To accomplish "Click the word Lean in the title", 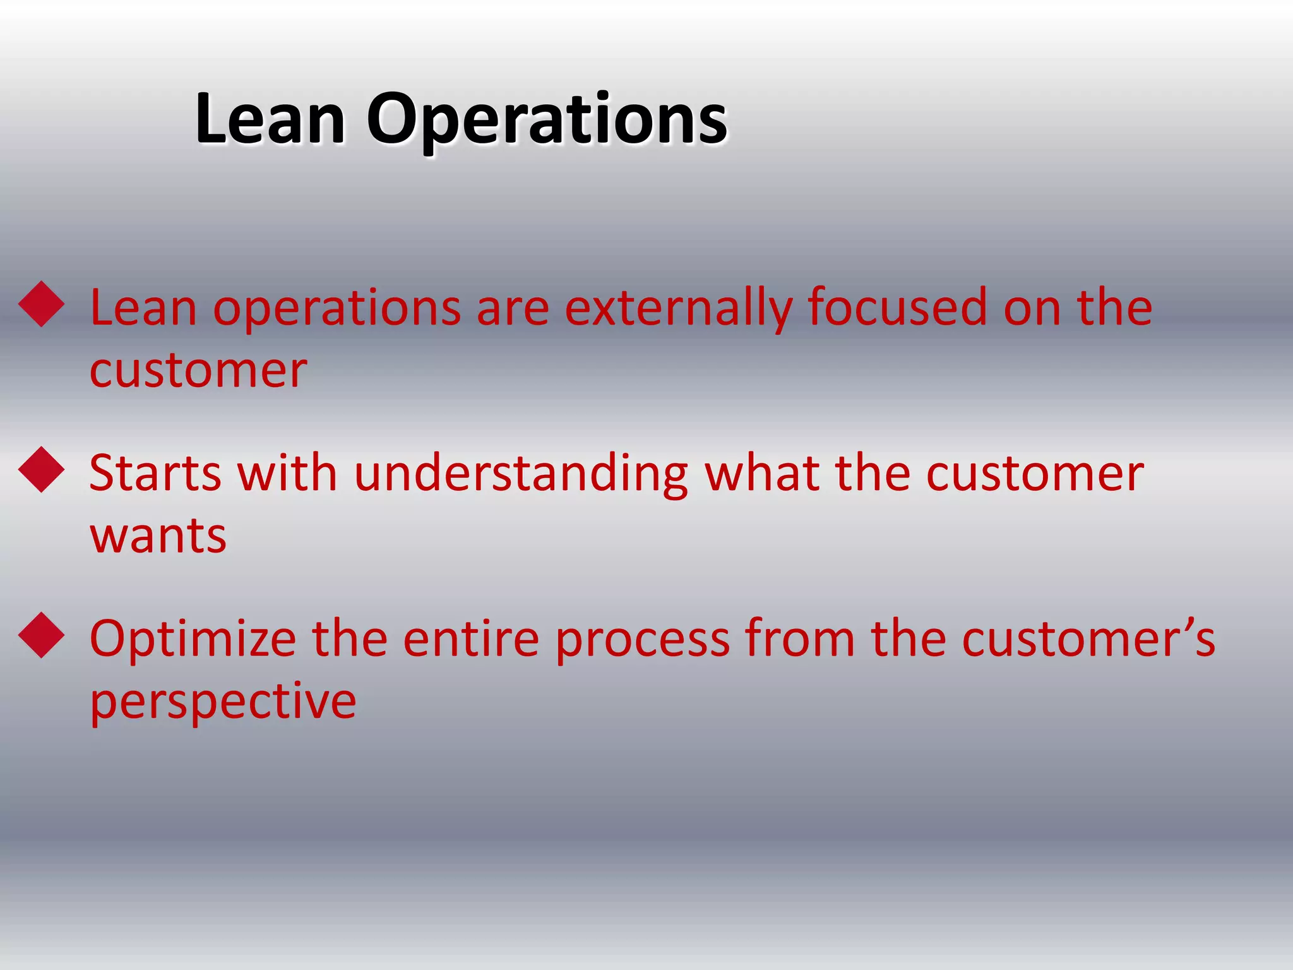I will pos(270,118).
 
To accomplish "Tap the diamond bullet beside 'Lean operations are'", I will pos(42,304).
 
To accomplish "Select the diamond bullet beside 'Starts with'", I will pos(42,469).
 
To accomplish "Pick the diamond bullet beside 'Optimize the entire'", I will pos(42,635).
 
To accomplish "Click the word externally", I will pos(677,308).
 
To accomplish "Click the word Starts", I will pos(155,473).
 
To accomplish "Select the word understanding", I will pos(521,474).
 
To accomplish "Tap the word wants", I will pos(158,536).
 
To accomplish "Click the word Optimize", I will pos(193,640).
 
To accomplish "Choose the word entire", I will pos(471,638).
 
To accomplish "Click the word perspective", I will pos(223,703).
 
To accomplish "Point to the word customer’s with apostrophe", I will pos(1088,638).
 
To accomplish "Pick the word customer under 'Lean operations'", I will pos(198,371).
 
